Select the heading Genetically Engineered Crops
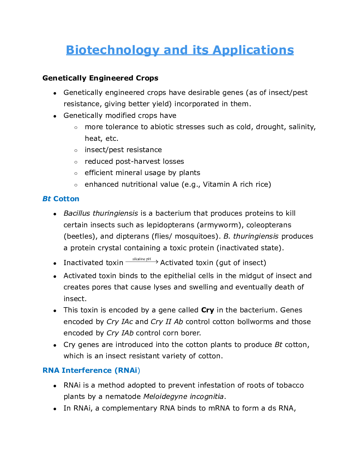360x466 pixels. pos(100,78)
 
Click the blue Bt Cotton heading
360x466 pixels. pos(61,199)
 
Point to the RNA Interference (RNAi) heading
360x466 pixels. pos(91,370)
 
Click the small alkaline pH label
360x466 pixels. pos(142,259)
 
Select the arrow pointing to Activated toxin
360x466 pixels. pos(142,262)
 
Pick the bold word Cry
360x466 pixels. pos(208,310)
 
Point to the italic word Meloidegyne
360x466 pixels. pos(165,396)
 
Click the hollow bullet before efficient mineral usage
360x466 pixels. pos(76,173)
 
